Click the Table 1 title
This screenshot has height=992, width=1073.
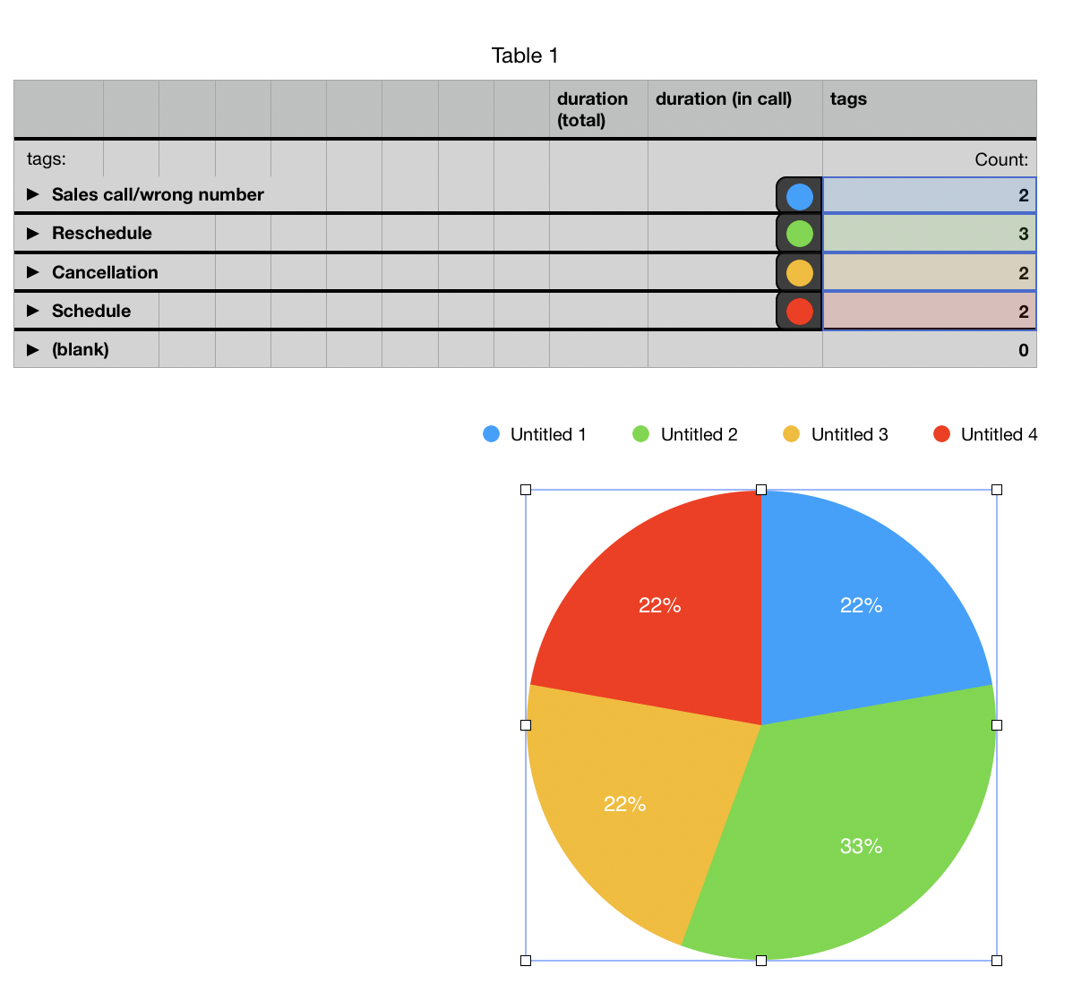(x=525, y=56)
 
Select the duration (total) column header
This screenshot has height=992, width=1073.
(x=592, y=109)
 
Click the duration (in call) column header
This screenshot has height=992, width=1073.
(x=724, y=99)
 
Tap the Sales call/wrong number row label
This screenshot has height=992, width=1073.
(x=158, y=195)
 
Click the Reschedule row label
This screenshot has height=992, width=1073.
(x=102, y=234)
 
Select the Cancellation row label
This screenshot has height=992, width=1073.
(x=105, y=273)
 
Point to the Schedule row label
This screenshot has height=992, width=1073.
(x=91, y=312)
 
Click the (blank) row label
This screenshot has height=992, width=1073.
(x=81, y=350)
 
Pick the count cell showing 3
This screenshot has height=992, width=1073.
(x=929, y=234)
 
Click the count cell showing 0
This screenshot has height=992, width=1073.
(x=929, y=350)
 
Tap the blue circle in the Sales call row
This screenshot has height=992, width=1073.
(x=799, y=195)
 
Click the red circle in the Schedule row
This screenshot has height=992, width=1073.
(x=799, y=312)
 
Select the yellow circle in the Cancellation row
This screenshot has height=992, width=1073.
(x=799, y=273)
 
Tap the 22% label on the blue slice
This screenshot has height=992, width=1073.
(x=861, y=606)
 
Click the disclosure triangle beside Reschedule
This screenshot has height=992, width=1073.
(x=33, y=234)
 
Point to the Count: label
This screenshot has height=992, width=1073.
(x=1001, y=160)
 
